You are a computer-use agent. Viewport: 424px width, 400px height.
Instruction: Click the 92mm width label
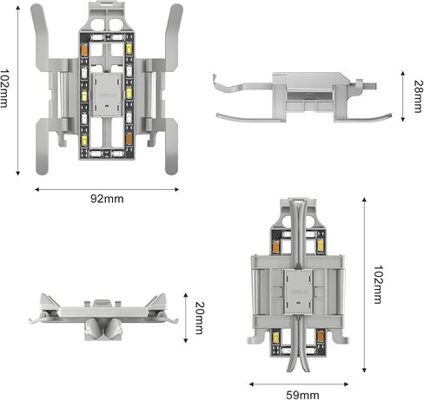[108, 199]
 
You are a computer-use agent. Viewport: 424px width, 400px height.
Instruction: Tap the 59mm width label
[302, 393]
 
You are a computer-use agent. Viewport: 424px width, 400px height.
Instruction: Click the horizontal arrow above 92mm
[108, 185]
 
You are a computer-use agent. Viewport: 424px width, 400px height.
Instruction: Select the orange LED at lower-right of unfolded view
[129, 138]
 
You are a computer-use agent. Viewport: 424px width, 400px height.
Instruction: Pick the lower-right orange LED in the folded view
[321, 335]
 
